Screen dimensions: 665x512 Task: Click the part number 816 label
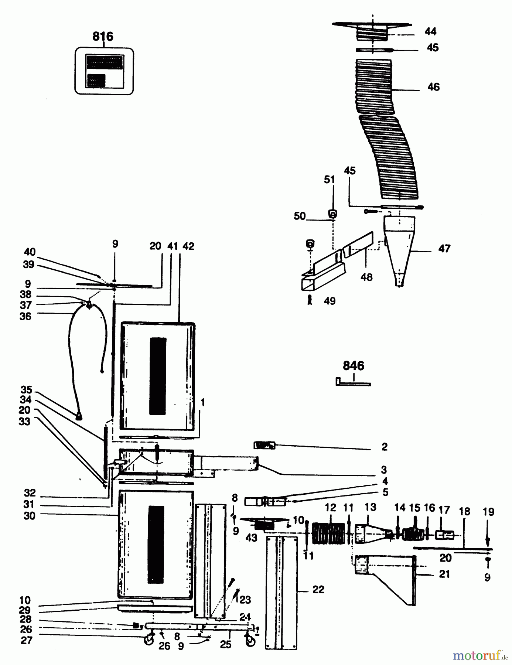coord(103,36)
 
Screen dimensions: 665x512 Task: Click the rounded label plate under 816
coord(104,71)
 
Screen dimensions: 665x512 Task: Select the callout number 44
coord(430,31)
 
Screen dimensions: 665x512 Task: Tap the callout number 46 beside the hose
coord(433,87)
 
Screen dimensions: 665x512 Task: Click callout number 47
coord(444,249)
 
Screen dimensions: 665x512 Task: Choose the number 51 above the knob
coord(329,180)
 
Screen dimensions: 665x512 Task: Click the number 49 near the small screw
coord(330,301)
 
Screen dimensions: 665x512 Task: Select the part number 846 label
coord(353,366)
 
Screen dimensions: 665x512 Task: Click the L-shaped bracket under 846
coord(353,383)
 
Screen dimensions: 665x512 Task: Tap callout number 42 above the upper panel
coord(188,246)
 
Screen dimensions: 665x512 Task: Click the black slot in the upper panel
coord(158,376)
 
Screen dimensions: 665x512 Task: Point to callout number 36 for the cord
coord(25,316)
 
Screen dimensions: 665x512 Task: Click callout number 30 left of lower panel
coord(29,516)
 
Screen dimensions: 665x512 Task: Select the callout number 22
coord(318,590)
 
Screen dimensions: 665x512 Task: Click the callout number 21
coord(444,574)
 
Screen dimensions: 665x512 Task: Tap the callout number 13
coord(370,507)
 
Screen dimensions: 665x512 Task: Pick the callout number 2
coord(384,447)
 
